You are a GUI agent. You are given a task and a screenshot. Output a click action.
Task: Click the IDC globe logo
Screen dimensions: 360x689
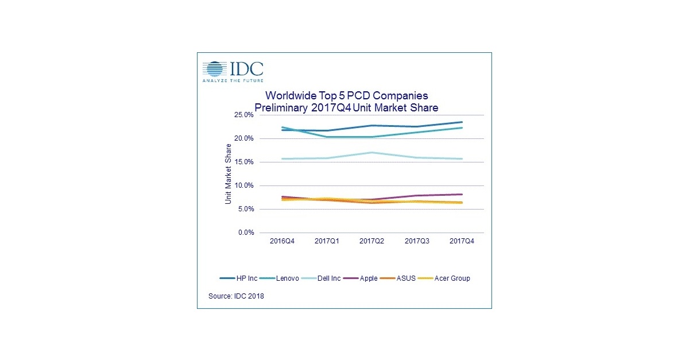(214, 69)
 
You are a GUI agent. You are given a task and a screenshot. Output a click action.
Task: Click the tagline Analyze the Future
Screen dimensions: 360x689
(232, 81)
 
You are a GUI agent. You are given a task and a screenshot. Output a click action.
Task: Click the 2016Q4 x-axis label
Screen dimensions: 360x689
(282, 242)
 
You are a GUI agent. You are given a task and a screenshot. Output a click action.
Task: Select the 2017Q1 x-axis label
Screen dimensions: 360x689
(327, 242)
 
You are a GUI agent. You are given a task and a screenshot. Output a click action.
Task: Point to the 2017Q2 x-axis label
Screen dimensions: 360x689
(372, 242)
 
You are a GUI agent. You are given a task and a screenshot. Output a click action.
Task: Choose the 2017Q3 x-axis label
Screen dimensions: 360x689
(417, 242)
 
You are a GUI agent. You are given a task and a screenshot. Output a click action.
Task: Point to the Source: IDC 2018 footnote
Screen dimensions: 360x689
(236, 296)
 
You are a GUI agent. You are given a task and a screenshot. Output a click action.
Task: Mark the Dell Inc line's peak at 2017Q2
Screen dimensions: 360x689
(372, 152)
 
